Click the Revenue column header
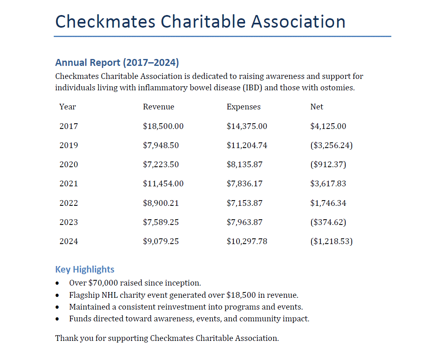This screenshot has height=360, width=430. [x=158, y=107]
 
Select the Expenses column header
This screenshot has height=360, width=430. [x=244, y=107]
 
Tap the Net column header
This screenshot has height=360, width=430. [x=317, y=107]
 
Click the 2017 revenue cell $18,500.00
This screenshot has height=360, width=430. [x=163, y=126]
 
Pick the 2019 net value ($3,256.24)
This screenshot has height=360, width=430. [x=331, y=145]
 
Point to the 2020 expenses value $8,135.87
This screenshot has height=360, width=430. [x=244, y=164]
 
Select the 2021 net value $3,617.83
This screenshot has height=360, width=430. [x=328, y=183]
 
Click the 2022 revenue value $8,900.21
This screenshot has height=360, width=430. [x=161, y=203]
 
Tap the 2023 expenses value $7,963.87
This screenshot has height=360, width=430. [x=244, y=222]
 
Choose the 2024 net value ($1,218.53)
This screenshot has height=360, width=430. [x=331, y=241]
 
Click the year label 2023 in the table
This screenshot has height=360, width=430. [x=68, y=222]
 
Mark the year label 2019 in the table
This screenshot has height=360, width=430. [x=68, y=145]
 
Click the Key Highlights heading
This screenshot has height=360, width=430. [x=85, y=270]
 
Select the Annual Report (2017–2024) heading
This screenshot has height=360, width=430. [x=117, y=63]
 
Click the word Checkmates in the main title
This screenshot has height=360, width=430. [x=105, y=22]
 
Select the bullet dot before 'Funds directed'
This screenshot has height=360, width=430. [x=57, y=319]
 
